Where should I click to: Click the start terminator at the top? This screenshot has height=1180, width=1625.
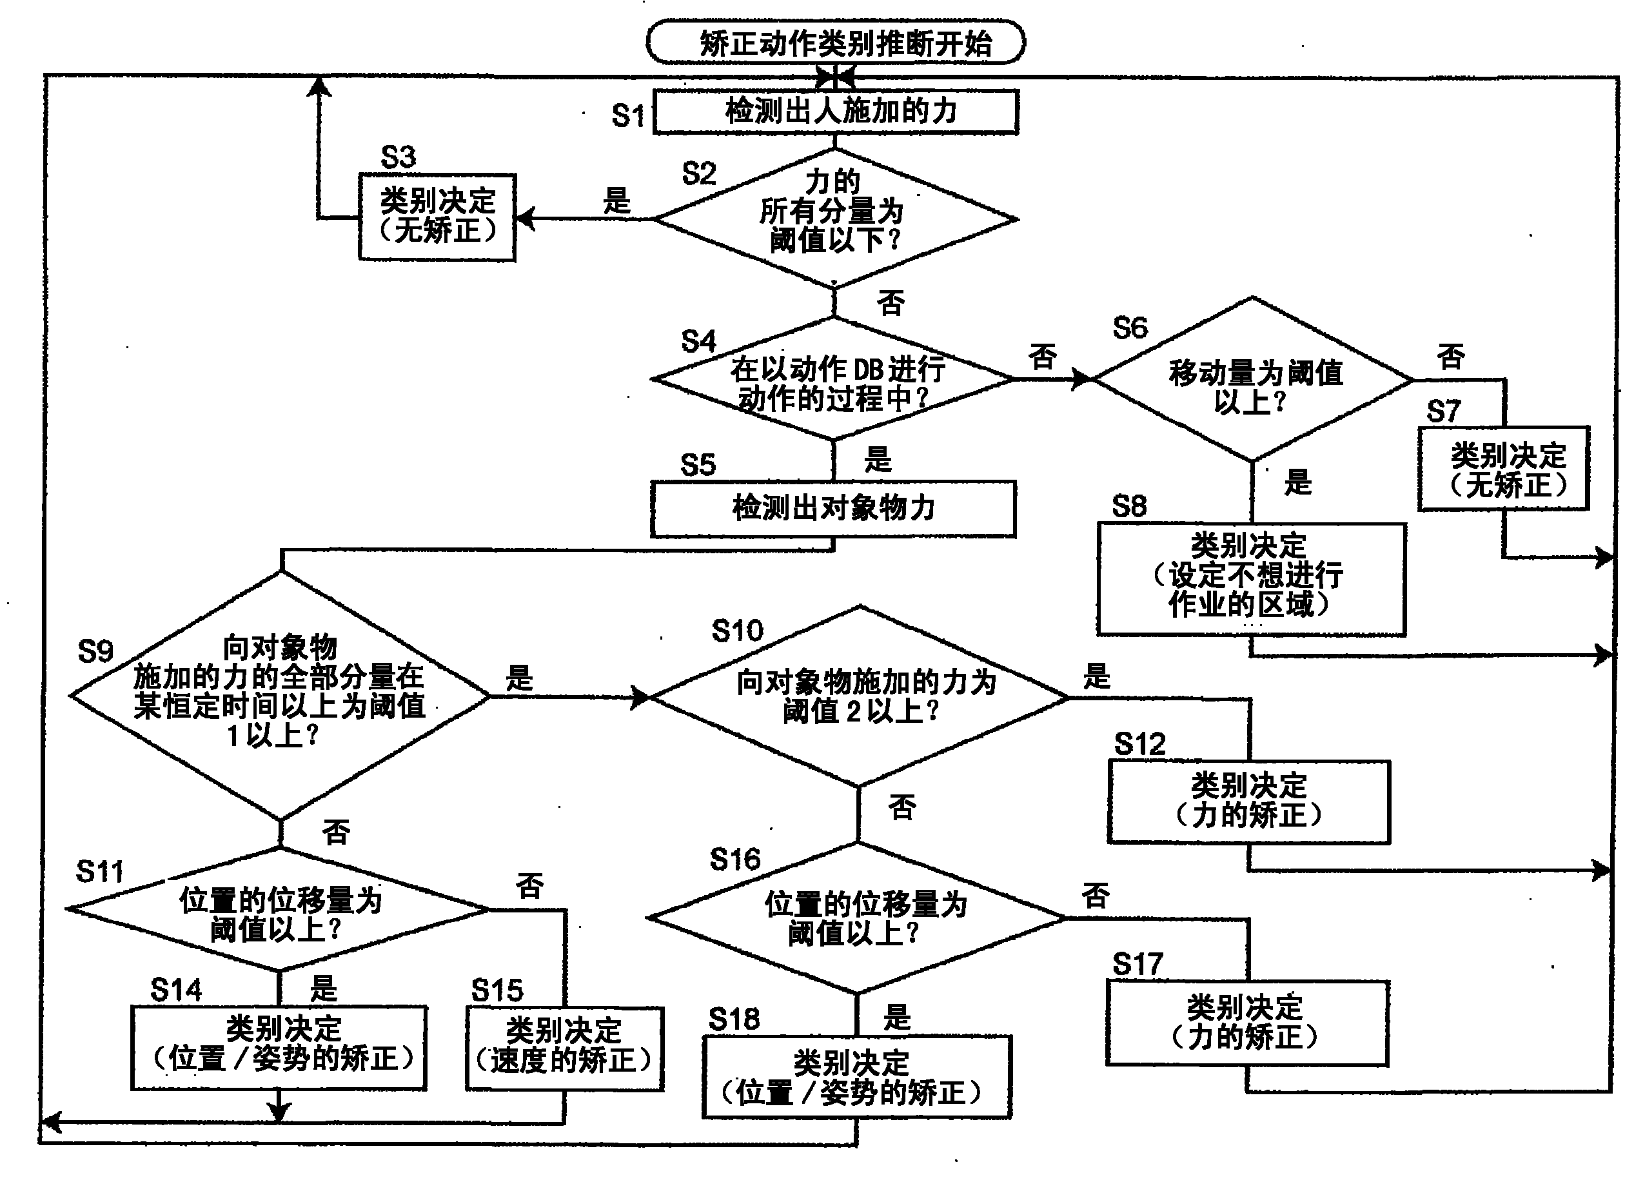tap(836, 43)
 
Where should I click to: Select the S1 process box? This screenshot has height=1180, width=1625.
tap(836, 111)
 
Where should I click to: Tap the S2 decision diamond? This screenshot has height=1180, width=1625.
tap(836, 218)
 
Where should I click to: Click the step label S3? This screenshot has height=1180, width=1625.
tap(399, 157)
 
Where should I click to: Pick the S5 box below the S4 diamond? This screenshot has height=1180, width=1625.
tap(832, 508)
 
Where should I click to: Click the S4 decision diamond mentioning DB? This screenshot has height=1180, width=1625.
tap(833, 380)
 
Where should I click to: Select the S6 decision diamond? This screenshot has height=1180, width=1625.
tap(1252, 380)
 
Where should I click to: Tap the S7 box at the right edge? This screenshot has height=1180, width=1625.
tap(1503, 469)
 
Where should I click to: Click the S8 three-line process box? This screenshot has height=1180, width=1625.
tap(1251, 579)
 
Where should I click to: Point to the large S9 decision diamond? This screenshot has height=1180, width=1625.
tap(280, 695)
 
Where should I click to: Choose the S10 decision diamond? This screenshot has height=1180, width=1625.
tap(860, 696)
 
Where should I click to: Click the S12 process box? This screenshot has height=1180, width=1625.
tap(1249, 801)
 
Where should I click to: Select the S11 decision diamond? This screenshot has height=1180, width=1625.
tap(279, 910)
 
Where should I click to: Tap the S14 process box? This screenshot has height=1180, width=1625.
tap(279, 1047)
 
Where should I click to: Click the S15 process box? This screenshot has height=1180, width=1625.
tap(565, 1049)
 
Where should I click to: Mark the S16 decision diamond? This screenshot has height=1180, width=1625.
tap(857, 918)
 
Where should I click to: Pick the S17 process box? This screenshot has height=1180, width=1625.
tap(1246, 1023)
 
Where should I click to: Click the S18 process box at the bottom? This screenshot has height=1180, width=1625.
tap(856, 1077)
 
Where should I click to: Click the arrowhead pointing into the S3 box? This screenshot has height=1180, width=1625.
tap(524, 219)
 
